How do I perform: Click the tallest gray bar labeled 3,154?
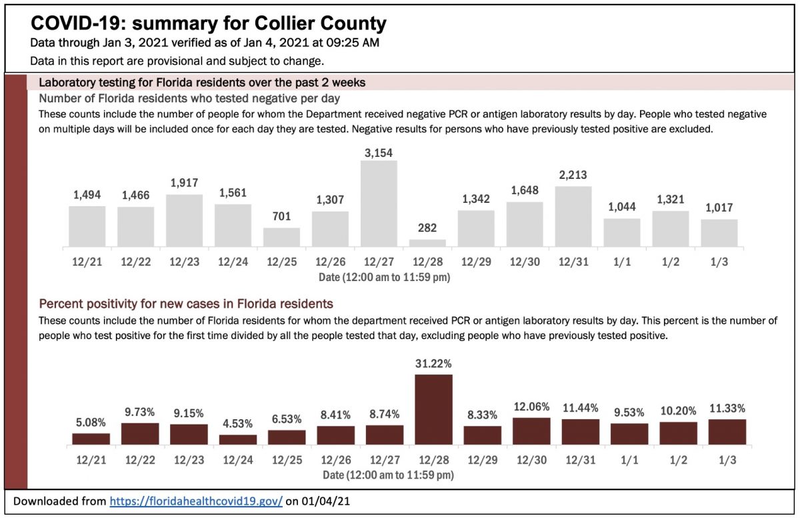(x=379, y=204)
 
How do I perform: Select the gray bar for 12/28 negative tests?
(x=427, y=244)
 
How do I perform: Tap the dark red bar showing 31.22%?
(x=433, y=409)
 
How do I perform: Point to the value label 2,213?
(x=573, y=176)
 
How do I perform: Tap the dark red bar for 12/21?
(x=91, y=439)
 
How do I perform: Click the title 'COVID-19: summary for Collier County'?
(x=208, y=24)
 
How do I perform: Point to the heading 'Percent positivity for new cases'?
(x=186, y=304)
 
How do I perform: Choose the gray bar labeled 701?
(x=281, y=238)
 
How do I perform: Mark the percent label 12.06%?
(x=531, y=407)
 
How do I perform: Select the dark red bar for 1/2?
(x=678, y=433)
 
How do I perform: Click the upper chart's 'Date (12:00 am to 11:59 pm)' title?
(x=386, y=276)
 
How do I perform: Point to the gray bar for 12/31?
(x=573, y=217)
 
